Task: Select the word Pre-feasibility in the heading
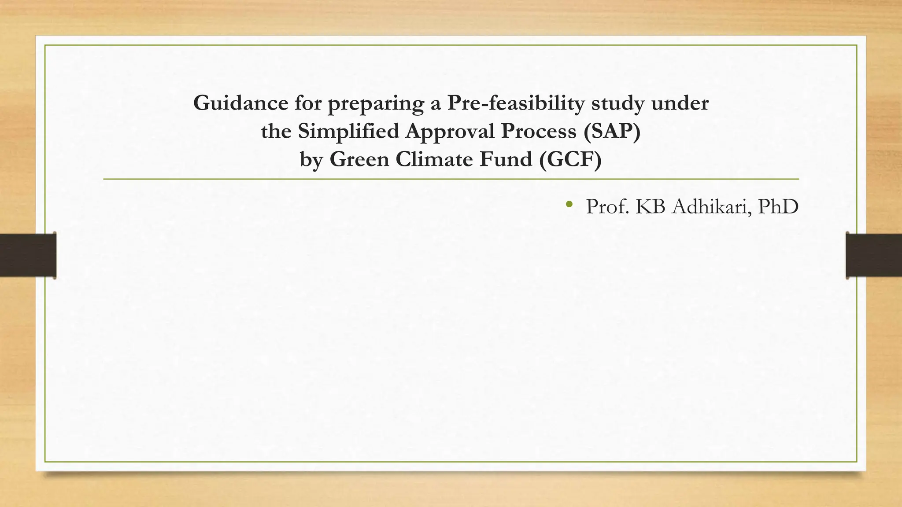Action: pyautogui.click(x=516, y=103)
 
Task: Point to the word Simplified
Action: pyautogui.click(x=348, y=131)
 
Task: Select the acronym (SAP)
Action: pyautogui.click(x=612, y=132)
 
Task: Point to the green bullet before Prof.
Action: pyautogui.click(x=569, y=204)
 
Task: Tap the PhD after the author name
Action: pyautogui.click(x=779, y=207)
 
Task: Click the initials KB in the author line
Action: pyautogui.click(x=651, y=207)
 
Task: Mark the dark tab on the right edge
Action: pyautogui.click(x=873, y=255)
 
